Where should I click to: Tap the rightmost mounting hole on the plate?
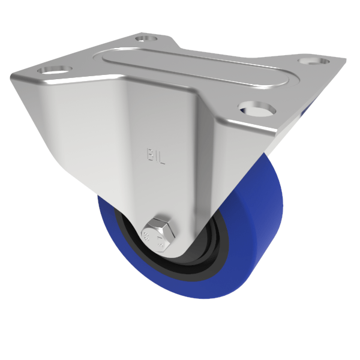point(311,60)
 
